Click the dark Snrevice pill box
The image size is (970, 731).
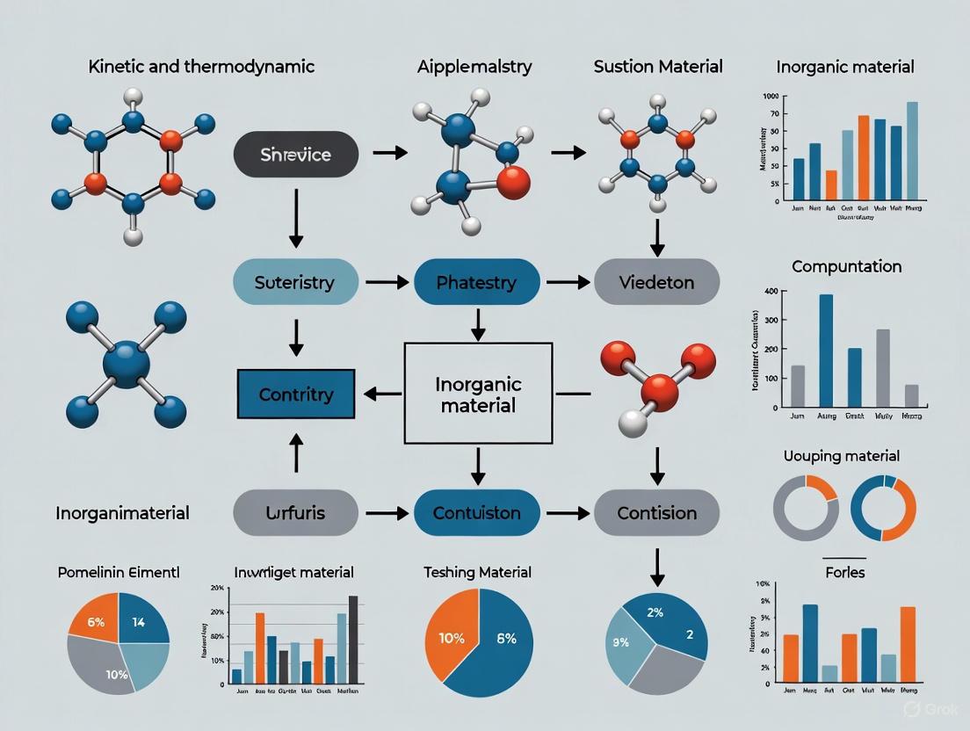(295, 155)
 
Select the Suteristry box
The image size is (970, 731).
(295, 283)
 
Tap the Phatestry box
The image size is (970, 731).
(476, 283)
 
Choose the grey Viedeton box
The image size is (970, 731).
(656, 283)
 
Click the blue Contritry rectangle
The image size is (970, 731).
(295, 394)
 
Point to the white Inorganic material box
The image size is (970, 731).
(477, 394)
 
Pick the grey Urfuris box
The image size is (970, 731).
(295, 512)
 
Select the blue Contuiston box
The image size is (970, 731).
(476, 512)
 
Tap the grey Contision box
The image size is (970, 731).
(656, 512)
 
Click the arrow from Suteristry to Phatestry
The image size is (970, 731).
(386, 283)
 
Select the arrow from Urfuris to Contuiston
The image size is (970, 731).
(386, 512)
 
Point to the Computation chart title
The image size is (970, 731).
(846, 266)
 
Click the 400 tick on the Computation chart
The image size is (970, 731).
(771, 292)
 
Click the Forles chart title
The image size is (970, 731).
(845, 573)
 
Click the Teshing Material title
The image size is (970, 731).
(477, 573)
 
